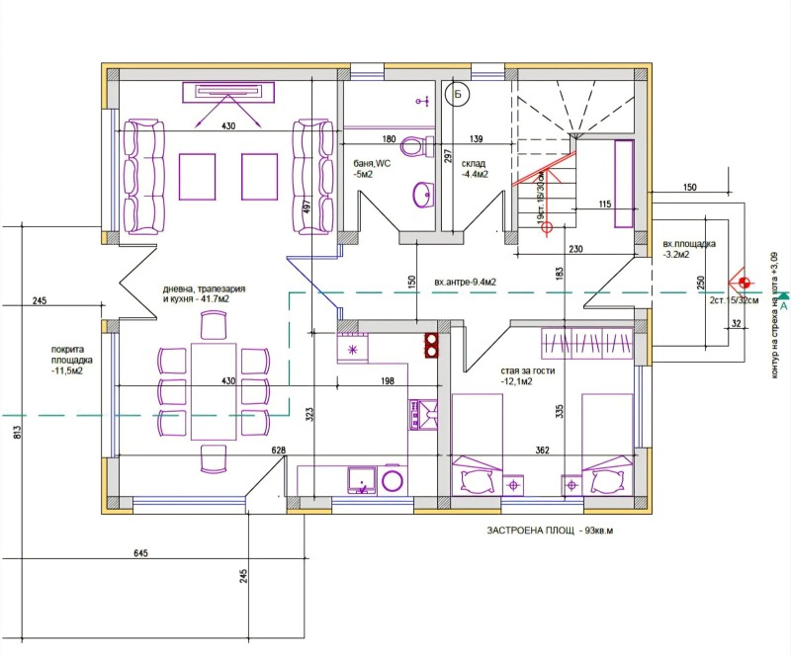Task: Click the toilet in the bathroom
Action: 424,148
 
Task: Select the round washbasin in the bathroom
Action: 423,194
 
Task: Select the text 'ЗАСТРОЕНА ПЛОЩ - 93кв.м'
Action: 550,532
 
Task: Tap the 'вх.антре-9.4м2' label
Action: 465,282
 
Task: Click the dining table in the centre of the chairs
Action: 215,390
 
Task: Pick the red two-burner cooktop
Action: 432,345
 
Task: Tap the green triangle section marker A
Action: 783,295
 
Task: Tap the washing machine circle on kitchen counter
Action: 394,480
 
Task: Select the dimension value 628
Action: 279,450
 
